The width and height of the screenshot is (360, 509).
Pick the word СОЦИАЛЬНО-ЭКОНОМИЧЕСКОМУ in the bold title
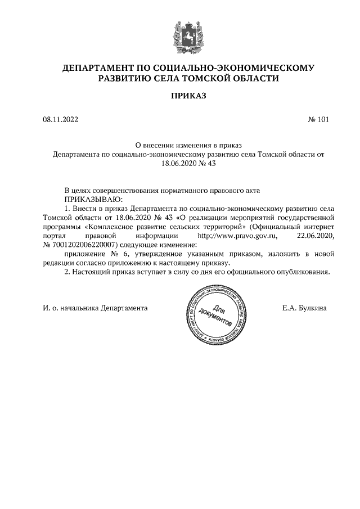[245, 68]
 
